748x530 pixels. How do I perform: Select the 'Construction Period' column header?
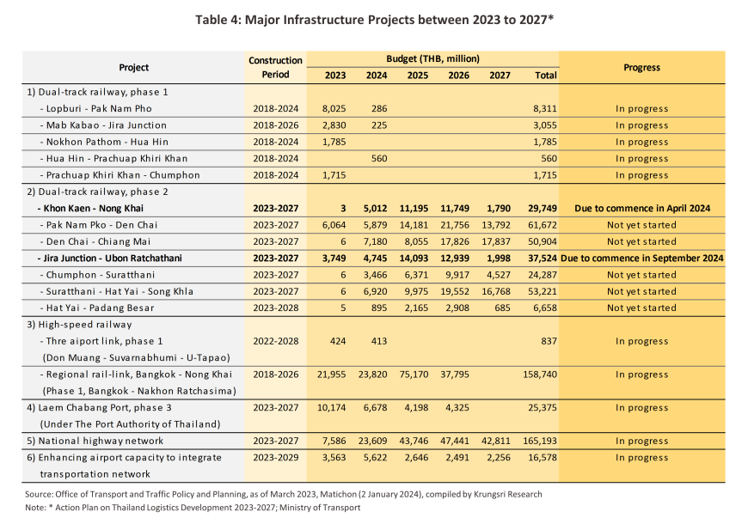tap(275, 67)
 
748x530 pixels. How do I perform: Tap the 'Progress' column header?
tap(641, 67)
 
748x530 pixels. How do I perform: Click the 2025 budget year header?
tap(417, 76)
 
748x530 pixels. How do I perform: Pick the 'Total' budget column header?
tap(546, 76)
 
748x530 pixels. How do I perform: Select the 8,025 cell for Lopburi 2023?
tap(334, 109)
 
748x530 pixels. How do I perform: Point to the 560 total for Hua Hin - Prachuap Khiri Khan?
tap(549, 158)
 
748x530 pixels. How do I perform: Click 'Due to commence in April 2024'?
tap(642, 208)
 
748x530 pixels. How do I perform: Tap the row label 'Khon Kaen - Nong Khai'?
tap(90, 208)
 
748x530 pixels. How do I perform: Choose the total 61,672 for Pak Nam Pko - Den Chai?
tap(543, 225)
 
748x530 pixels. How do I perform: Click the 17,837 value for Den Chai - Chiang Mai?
tap(496, 241)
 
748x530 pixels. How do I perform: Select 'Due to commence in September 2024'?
tap(642, 259)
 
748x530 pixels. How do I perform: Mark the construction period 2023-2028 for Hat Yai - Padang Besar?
tap(276, 308)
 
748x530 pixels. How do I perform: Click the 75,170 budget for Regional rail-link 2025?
tap(414, 375)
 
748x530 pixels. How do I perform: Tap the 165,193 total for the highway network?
tap(540, 441)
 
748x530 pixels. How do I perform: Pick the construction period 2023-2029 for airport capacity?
tap(276, 458)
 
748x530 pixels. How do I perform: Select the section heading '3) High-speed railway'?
tap(79, 325)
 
